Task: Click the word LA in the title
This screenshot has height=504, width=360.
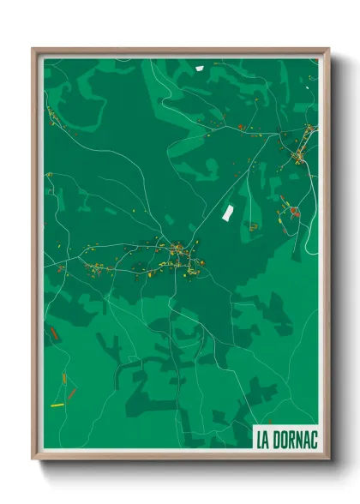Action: point(263,439)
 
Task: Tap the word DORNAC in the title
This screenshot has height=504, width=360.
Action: point(295,439)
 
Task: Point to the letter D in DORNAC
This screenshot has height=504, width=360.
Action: point(276,439)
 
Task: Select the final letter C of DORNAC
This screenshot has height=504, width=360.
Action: point(313,439)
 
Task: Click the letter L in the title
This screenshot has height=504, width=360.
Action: point(260,439)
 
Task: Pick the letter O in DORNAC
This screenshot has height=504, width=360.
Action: point(284,439)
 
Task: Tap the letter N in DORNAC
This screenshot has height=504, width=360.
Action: point(298,439)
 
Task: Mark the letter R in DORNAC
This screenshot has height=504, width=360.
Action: point(291,439)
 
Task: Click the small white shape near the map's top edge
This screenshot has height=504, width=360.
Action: point(199,68)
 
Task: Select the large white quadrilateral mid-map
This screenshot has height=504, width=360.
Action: point(228,212)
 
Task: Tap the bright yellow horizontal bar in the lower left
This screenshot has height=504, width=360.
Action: point(57,405)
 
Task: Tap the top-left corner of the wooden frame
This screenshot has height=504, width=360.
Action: point(33,49)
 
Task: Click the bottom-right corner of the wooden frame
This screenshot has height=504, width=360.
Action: point(328,461)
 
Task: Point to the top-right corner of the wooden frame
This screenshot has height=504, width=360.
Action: point(328,49)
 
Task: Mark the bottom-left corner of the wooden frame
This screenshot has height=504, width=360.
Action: point(33,461)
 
